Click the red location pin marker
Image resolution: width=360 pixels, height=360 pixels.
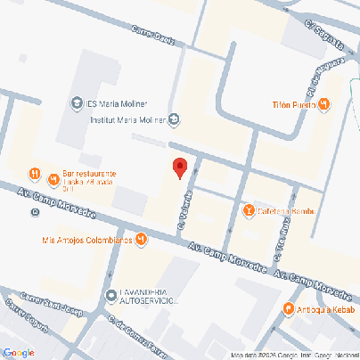[x=179, y=168]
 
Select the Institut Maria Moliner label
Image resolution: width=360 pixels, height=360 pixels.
[x=128, y=117]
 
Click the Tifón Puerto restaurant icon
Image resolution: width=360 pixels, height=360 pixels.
[x=324, y=105]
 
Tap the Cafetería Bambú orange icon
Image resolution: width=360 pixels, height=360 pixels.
[x=249, y=210]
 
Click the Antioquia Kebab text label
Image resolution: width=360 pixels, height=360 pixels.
[x=326, y=309]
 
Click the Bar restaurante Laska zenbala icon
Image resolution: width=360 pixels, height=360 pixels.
[x=33, y=173]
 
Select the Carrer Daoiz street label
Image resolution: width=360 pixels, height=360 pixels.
[x=152, y=37]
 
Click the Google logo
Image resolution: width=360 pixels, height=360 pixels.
[x=18, y=353]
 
